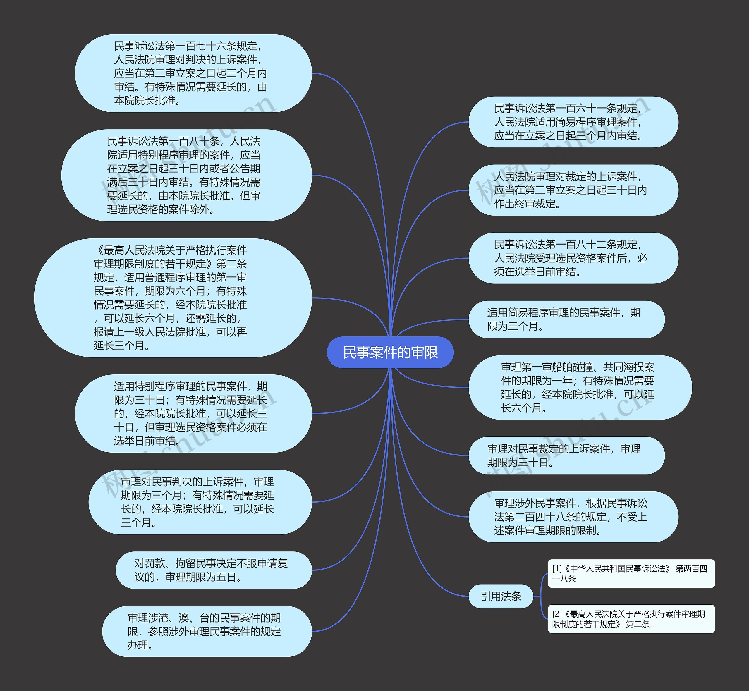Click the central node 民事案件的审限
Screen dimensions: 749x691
click(390, 352)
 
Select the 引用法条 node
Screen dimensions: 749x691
click(501, 596)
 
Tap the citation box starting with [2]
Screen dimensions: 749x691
click(631, 619)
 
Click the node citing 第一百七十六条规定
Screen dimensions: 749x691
click(193, 73)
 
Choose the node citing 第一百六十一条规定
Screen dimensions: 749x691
click(573, 122)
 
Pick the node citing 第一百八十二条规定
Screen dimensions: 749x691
click(573, 258)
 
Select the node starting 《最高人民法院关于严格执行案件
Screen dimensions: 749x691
click(173, 298)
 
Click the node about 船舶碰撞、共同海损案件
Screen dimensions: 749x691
click(580, 387)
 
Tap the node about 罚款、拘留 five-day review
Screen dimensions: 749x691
click(214, 570)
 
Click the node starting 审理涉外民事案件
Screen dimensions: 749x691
click(573, 517)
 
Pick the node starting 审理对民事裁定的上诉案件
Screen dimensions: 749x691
click(566, 455)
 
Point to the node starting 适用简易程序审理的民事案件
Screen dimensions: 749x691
click(566, 319)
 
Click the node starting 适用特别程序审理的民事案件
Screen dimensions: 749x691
click(193, 414)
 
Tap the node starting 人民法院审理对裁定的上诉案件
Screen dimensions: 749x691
click(573, 190)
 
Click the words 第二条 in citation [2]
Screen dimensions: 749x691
click(638, 624)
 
